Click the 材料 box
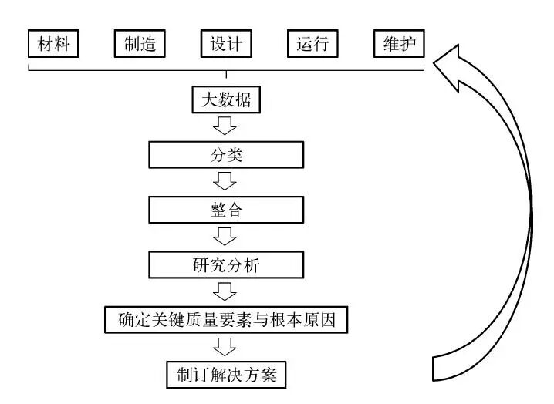(53, 45)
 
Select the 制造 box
(140, 45)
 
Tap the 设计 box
(226, 45)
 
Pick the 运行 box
(312, 45)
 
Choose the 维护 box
(399, 45)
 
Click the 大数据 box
(226, 100)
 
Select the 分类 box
(226, 155)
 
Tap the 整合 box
(226, 210)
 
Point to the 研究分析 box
(226, 264)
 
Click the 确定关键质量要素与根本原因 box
(226, 319)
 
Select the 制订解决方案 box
(226, 375)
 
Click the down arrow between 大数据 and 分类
(226, 126)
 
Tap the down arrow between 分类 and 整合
(226, 181)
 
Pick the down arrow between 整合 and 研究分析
(226, 236)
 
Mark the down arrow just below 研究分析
(226, 291)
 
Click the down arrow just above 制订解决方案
(226, 346)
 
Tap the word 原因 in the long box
(319, 319)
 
